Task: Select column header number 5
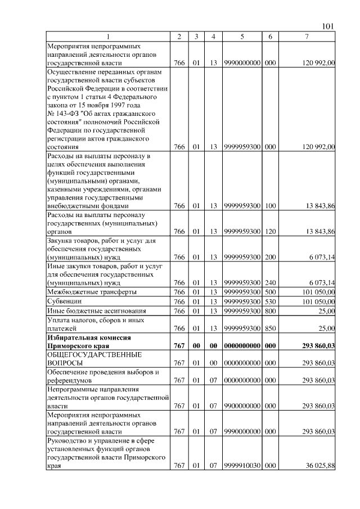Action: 242,37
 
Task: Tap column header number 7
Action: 307,37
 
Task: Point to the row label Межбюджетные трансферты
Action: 84,292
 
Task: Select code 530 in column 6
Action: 270,301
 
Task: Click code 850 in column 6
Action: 270,327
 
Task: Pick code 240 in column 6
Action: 270,282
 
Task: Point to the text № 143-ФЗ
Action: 64,113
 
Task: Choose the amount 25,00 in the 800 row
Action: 326,311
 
